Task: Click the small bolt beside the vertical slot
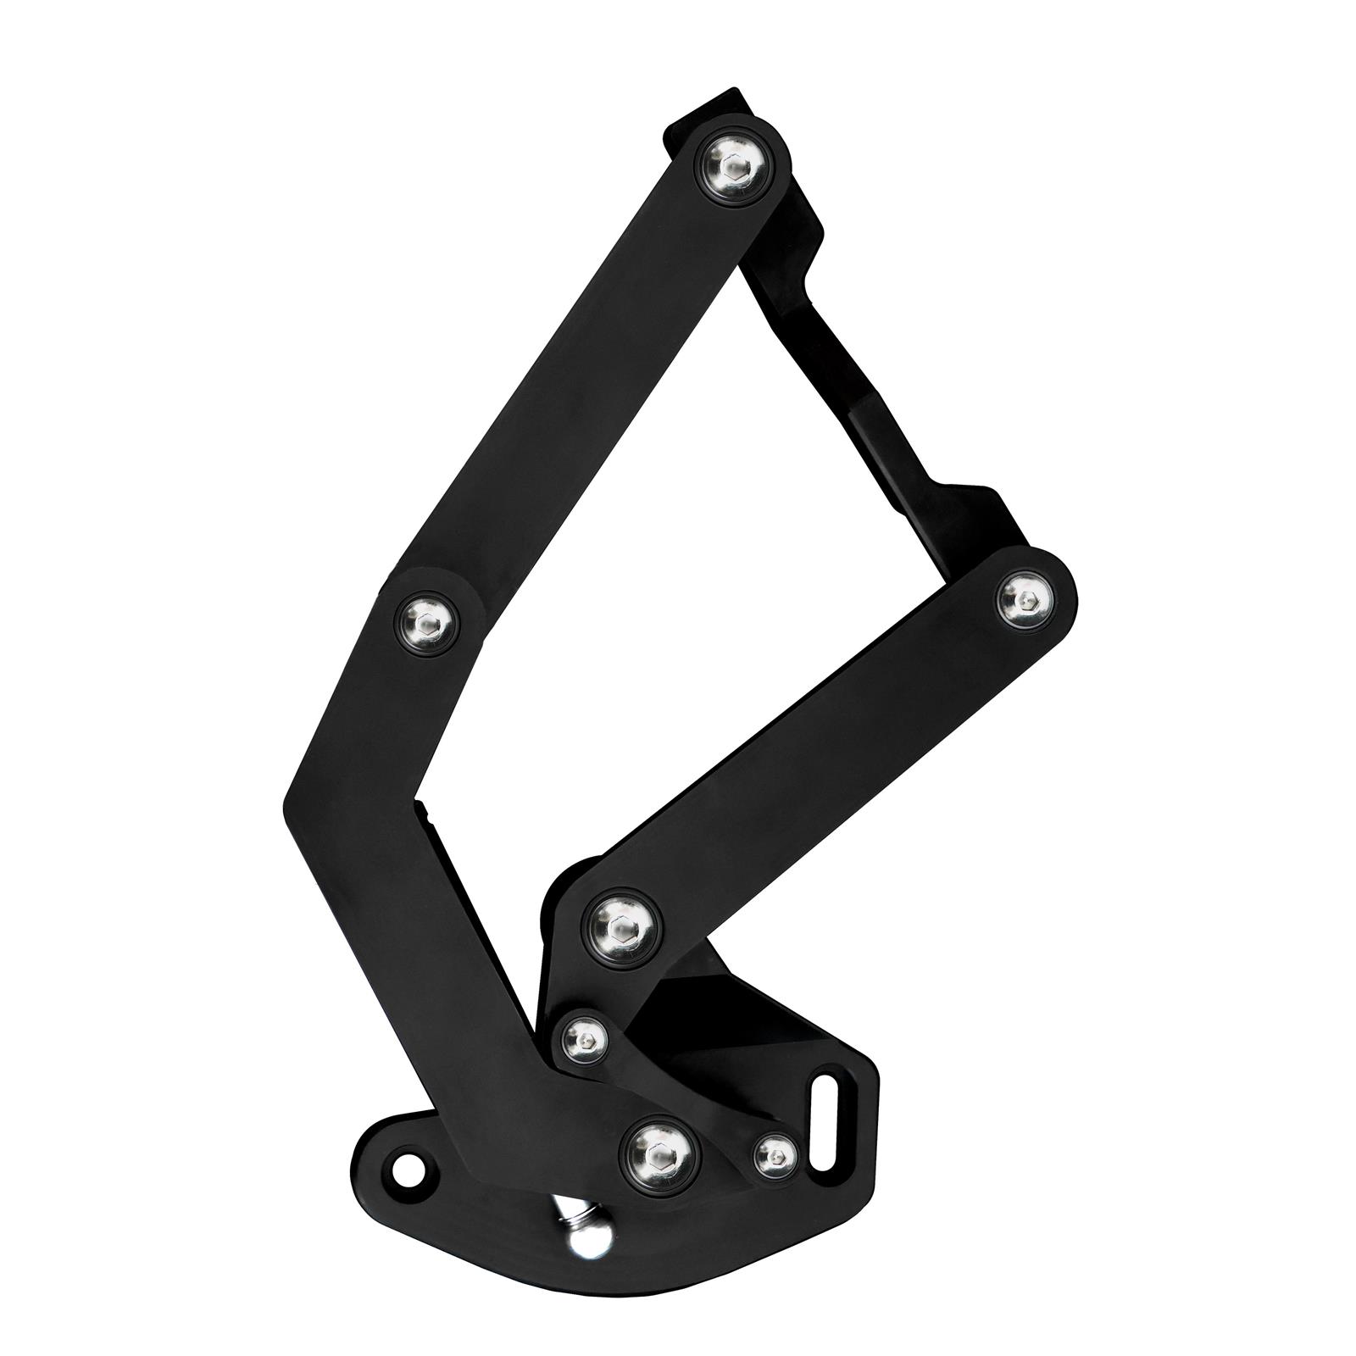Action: tap(775, 1155)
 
